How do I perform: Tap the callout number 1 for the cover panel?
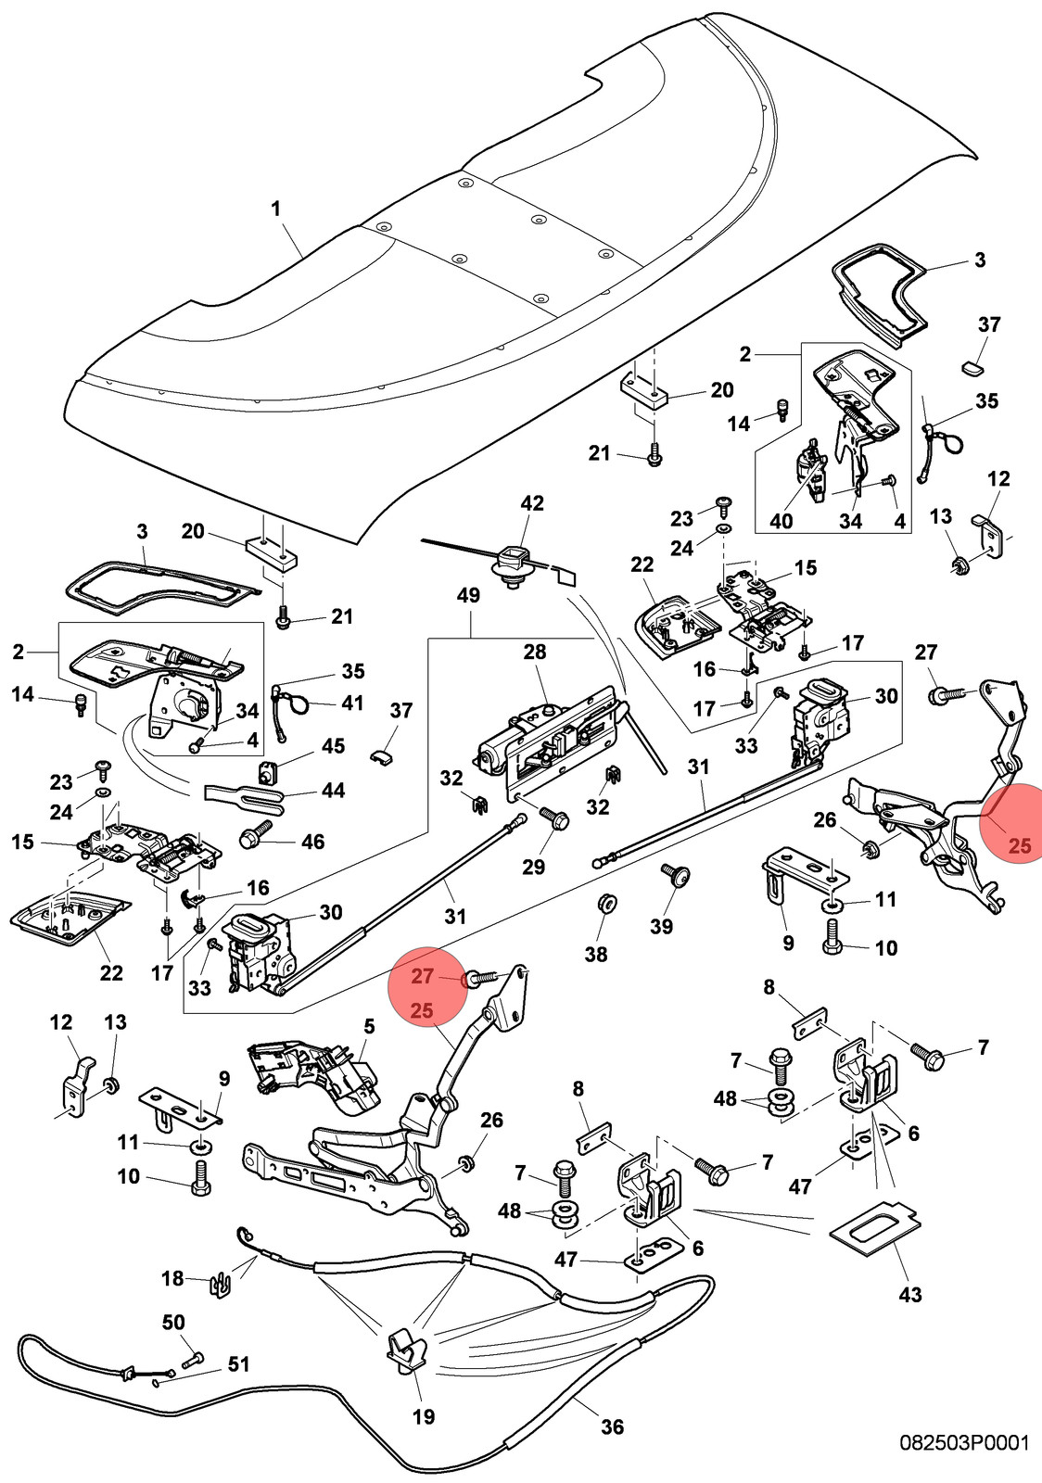coord(275,209)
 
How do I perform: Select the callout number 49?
coord(469,595)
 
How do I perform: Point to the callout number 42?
coord(532,503)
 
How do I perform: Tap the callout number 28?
coord(535,653)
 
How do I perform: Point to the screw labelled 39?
coord(677,876)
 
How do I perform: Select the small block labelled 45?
coord(267,770)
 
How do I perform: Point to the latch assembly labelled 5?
coord(314,1074)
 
